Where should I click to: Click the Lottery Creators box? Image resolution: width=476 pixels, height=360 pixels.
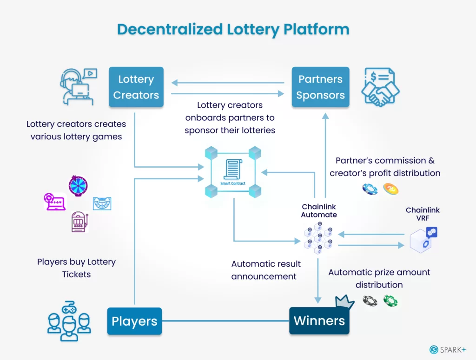[x=136, y=87]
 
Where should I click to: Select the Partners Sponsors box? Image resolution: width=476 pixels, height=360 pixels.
[x=320, y=87]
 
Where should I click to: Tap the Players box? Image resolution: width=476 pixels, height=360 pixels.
[x=134, y=321]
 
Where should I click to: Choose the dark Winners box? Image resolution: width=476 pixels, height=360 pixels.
[x=319, y=321]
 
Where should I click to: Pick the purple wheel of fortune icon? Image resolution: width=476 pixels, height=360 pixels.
[x=78, y=186]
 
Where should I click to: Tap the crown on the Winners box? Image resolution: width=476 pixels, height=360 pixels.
[x=344, y=302]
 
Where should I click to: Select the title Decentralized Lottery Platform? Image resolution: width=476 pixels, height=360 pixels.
[x=233, y=29]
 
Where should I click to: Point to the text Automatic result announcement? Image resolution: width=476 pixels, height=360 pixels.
[x=266, y=270]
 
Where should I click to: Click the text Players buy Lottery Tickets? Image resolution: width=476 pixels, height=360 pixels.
[x=76, y=268]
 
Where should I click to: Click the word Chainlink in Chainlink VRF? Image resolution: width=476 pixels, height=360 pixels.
[x=422, y=210]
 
